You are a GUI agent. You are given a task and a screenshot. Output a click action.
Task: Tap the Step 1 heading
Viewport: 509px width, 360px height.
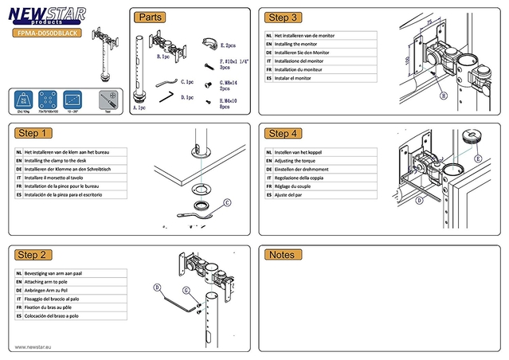click(x=34, y=133)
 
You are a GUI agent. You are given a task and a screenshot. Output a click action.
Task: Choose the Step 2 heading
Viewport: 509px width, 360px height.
click(x=34, y=255)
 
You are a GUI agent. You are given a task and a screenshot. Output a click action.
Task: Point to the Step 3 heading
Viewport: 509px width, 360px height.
click(x=284, y=18)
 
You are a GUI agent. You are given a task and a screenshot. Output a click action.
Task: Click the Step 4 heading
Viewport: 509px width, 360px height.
click(x=284, y=133)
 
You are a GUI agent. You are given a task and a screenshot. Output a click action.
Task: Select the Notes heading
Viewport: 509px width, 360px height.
click(x=283, y=255)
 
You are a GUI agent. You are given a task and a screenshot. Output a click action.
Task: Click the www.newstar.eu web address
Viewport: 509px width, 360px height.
click(x=33, y=346)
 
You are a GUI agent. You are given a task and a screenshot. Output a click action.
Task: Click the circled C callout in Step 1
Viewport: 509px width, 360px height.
click(x=226, y=203)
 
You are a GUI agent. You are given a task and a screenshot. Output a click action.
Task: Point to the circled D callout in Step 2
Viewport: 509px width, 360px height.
click(x=157, y=287)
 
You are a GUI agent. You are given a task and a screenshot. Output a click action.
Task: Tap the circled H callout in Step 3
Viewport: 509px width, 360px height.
click(x=443, y=95)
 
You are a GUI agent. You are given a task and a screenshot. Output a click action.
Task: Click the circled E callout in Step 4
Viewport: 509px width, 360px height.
click(x=478, y=158)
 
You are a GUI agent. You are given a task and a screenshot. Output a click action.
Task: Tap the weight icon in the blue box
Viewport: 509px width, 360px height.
click(x=23, y=100)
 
